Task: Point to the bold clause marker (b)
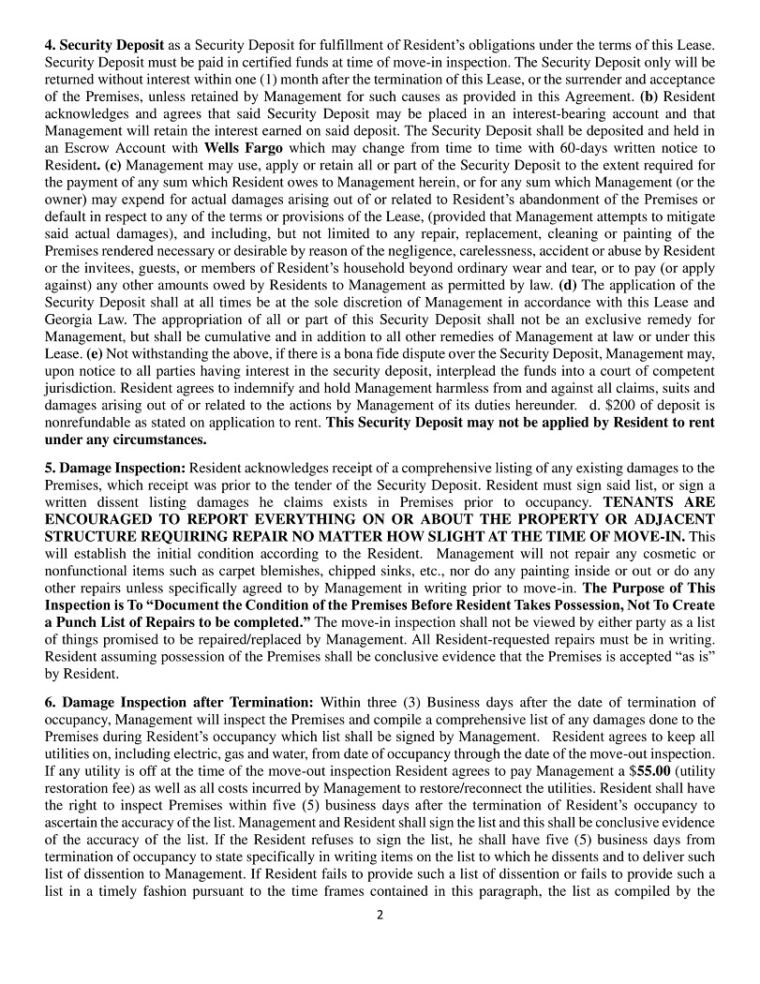pyautogui.click(x=648, y=97)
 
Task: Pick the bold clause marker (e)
pyautogui.click(x=95, y=353)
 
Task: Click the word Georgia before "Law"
pyautogui.click(x=70, y=320)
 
